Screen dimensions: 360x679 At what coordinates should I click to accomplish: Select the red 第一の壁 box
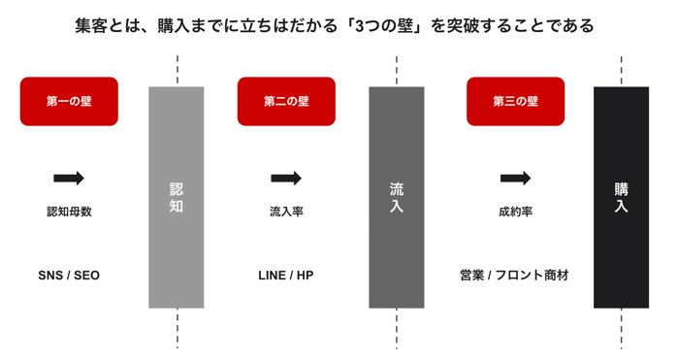pyautogui.click(x=69, y=101)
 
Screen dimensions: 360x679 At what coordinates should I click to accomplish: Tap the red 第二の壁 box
pyautogui.click(x=286, y=101)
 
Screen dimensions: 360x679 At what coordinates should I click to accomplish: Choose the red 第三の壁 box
pyautogui.click(x=515, y=101)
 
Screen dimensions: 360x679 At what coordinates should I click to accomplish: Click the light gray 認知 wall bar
pyautogui.click(x=177, y=197)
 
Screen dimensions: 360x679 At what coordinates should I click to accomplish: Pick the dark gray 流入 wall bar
pyautogui.click(x=396, y=197)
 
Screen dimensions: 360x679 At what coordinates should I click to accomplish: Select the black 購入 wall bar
pyautogui.click(x=621, y=197)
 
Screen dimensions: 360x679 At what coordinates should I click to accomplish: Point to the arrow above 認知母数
pyautogui.click(x=69, y=178)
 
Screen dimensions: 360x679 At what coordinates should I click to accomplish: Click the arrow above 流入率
pyautogui.click(x=286, y=178)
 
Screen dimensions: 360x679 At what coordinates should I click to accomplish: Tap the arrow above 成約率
pyautogui.click(x=515, y=178)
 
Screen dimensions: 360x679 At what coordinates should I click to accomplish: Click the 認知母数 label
pyautogui.click(x=69, y=212)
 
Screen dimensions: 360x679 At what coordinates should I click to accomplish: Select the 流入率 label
pyautogui.click(x=286, y=212)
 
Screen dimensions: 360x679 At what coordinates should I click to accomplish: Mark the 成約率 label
pyautogui.click(x=515, y=212)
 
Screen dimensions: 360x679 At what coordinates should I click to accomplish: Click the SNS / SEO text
pyautogui.click(x=69, y=276)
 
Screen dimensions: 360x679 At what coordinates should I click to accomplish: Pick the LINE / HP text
pyautogui.click(x=286, y=276)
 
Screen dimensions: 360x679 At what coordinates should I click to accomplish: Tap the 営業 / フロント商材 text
pyautogui.click(x=514, y=276)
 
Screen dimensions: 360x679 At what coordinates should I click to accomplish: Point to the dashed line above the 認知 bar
pyautogui.click(x=178, y=71)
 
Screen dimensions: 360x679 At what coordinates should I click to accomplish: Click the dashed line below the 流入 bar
pyautogui.click(x=397, y=328)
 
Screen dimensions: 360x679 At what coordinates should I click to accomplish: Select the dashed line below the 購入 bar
pyautogui.click(x=622, y=328)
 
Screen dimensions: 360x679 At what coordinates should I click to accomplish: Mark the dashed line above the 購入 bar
pyautogui.click(x=622, y=71)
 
